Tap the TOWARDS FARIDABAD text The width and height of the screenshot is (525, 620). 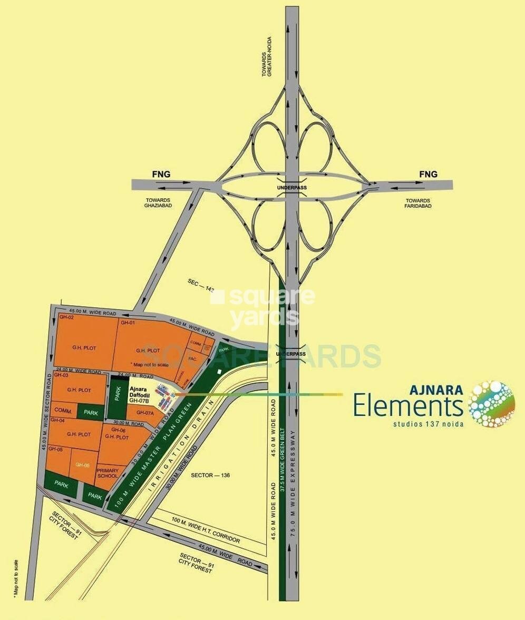pyautogui.click(x=418, y=203)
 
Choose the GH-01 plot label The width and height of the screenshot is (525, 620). pyautogui.click(x=128, y=322)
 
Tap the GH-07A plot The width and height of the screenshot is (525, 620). pyautogui.click(x=144, y=413)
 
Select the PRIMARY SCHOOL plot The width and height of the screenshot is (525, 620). pyautogui.click(x=108, y=473)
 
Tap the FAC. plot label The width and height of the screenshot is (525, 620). pyautogui.click(x=193, y=358)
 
